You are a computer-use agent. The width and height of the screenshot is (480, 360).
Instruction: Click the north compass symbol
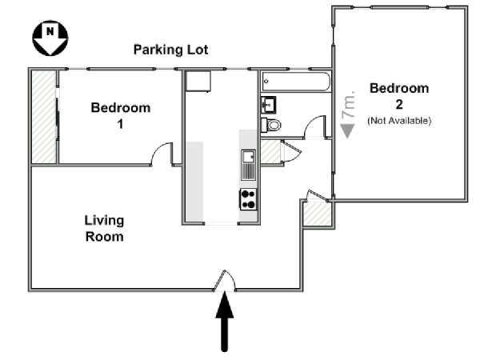pyautogui.click(x=50, y=38)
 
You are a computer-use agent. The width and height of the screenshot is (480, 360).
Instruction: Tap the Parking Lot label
pyautogui.click(x=171, y=50)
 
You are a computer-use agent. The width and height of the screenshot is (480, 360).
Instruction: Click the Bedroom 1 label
pyautogui.click(x=121, y=115)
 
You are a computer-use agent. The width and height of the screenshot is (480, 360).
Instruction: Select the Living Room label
pyautogui.click(x=104, y=228)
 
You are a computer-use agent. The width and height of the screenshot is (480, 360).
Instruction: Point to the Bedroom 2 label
pyautogui.click(x=399, y=96)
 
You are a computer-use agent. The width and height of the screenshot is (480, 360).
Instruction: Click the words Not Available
pyautogui.click(x=399, y=121)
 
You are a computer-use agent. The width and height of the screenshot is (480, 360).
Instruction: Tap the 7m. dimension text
pyautogui.click(x=349, y=104)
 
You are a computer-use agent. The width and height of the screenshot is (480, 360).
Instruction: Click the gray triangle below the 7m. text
pyautogui.click(x=348, y=131)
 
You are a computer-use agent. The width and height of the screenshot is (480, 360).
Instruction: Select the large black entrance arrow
pyautogui.click(x=225, y=321)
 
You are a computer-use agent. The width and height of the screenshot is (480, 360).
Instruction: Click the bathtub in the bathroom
pyautogui.click(x=296, y=82)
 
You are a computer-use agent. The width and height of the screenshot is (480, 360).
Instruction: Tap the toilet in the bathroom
pyautogui.click(x=271, y=125)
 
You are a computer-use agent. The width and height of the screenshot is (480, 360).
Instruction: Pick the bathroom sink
pyautogui.click(x=269, y=105)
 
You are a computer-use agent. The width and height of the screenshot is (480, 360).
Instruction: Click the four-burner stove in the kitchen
pyautogui.click(x=248, y=199)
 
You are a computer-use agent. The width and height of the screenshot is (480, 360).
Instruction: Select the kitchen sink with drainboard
pyautogui.click(x=248, y=165)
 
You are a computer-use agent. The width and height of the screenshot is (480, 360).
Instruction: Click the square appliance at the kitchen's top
pyautogui.click(x=198, y=81)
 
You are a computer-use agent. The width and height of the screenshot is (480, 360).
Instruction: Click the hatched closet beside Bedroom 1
pyautogui.click(x=44, y=117)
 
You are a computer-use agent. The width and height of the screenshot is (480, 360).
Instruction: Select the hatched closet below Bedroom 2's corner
pyautogui.click(x=317, y=214)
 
